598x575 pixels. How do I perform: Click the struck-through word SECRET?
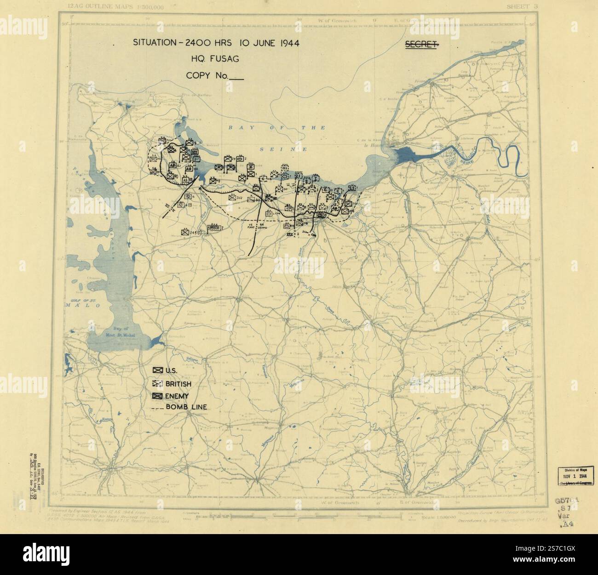[x=420, y=45]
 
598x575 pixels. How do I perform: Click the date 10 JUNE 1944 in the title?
[x=268, y=43]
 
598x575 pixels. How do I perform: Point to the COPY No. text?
[x=207, y=75]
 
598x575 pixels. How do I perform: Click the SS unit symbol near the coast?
[x=352, y=188]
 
